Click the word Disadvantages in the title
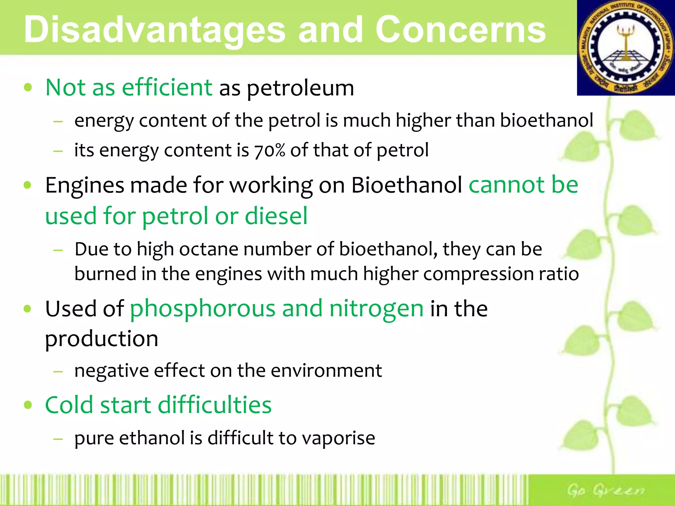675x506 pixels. tap(154, 30)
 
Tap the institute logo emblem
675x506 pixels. tap(626, 48)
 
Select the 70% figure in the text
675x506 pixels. tap(269, 151)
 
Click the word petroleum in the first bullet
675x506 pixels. tap(300, 88)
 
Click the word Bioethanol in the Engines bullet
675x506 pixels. tap(406, 185)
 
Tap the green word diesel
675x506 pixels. tap(276, 216)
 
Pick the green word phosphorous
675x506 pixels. tap(202, 309)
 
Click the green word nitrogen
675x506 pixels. tap(376, 309)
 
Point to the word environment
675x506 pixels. tap(326, 371)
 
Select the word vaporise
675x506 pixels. tap(338, 438)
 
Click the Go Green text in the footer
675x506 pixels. tap(605, 490)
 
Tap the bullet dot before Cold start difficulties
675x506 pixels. tap(28, 405)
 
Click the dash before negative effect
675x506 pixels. tap(58, 371)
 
